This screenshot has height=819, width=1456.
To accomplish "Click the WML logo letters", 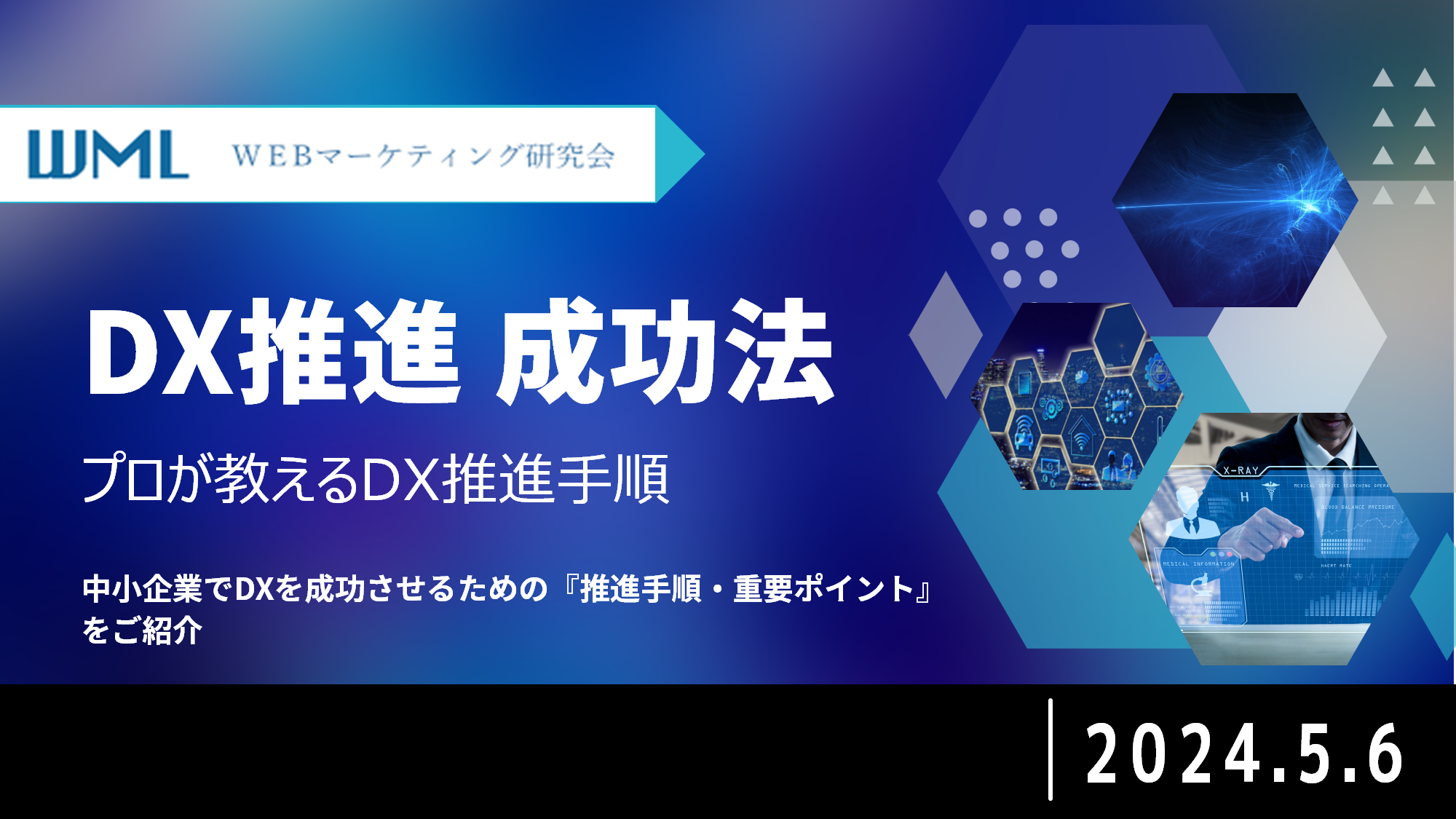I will point(108,154).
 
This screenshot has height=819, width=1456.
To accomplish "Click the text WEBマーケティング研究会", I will point(423,156).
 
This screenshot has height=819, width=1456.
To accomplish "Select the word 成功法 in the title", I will point(664,352).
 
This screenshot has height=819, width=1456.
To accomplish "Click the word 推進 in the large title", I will point(349,352).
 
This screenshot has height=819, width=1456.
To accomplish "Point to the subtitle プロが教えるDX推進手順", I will point(375,478).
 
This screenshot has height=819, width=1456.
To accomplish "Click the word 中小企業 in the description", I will point(142,589).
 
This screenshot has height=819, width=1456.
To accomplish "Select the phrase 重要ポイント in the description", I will point(823,589).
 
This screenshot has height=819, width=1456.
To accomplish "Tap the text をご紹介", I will point(142,630).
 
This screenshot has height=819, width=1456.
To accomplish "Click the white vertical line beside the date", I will point(1050,750).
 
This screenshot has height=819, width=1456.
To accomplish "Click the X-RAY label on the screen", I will point(1241,471).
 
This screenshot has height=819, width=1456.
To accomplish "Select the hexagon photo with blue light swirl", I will point(1234,200).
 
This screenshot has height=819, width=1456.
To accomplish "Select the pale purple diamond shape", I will point(946,335).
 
